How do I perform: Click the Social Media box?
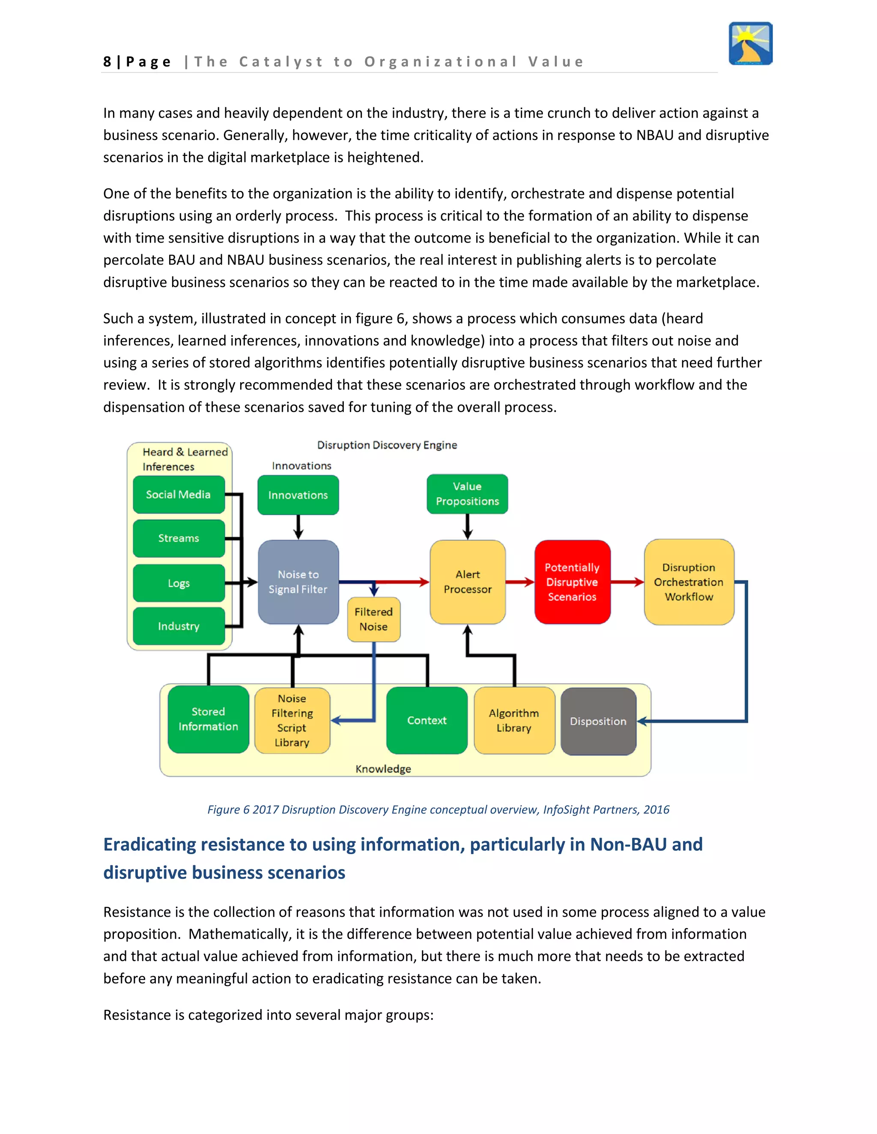[178, 494]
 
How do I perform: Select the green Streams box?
[178, 538]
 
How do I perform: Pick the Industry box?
[178, 626]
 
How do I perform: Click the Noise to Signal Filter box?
[298, 582]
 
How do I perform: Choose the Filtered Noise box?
[373, 619]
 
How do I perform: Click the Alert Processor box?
[468, 582]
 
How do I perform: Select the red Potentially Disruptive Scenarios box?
[572, 582]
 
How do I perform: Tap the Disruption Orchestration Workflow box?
[689, 582]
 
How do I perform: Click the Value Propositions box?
[467, 494]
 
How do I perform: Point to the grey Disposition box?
[598, 721]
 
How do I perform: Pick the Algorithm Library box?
[514, 720]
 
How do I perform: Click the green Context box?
[427, 720]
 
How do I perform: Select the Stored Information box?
[209, 719]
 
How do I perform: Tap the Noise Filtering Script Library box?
[292, 720]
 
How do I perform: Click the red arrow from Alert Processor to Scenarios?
[520, 582]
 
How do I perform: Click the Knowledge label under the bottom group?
[383, 769]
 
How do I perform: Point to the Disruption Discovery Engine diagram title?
[387, 445]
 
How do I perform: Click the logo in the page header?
[750, 44]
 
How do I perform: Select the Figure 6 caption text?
[438, 810]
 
